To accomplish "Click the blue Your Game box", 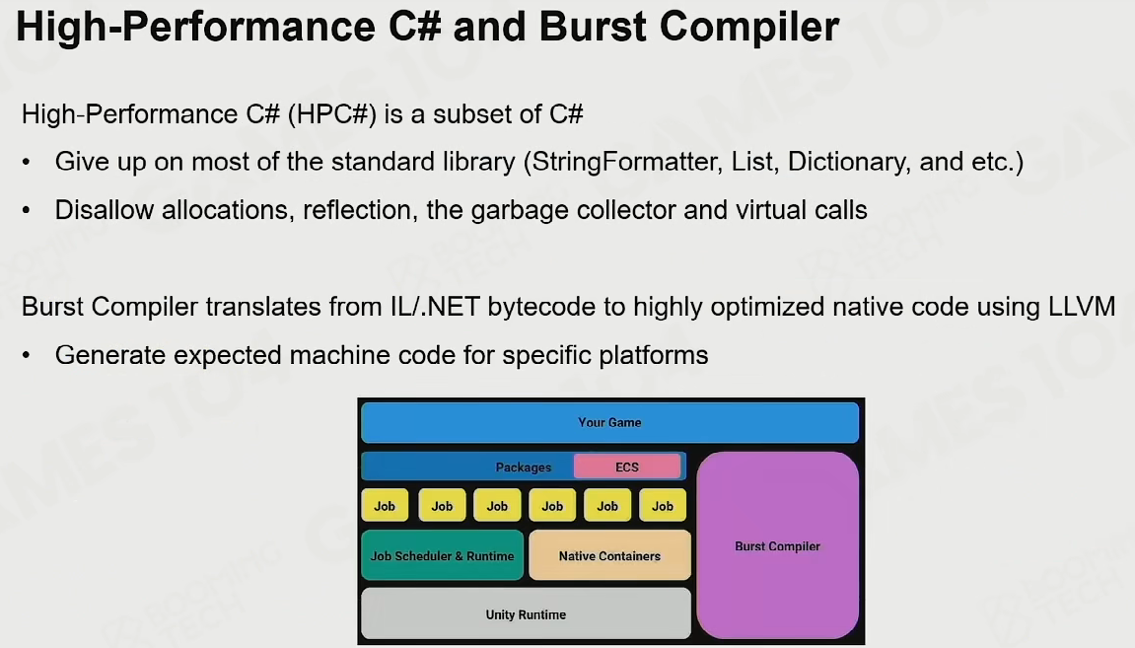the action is coord(609,422).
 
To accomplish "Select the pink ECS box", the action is coord(627,467).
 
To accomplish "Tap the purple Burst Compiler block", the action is coord(777,545).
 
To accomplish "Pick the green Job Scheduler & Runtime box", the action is coord(443,555).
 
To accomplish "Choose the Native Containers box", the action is coord(609,555).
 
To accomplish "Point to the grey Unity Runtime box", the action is coord(526,613).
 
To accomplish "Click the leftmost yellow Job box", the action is coord(385,505).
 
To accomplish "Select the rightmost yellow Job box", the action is coord(663,505).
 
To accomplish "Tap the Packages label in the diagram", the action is coord(524,468).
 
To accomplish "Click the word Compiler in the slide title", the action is coord(749,28).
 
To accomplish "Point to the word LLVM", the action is coord(1082,307).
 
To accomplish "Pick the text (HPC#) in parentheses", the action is coord(331,114).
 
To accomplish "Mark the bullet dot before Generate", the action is coord(27,355).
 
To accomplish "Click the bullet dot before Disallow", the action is coord(27,211).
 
